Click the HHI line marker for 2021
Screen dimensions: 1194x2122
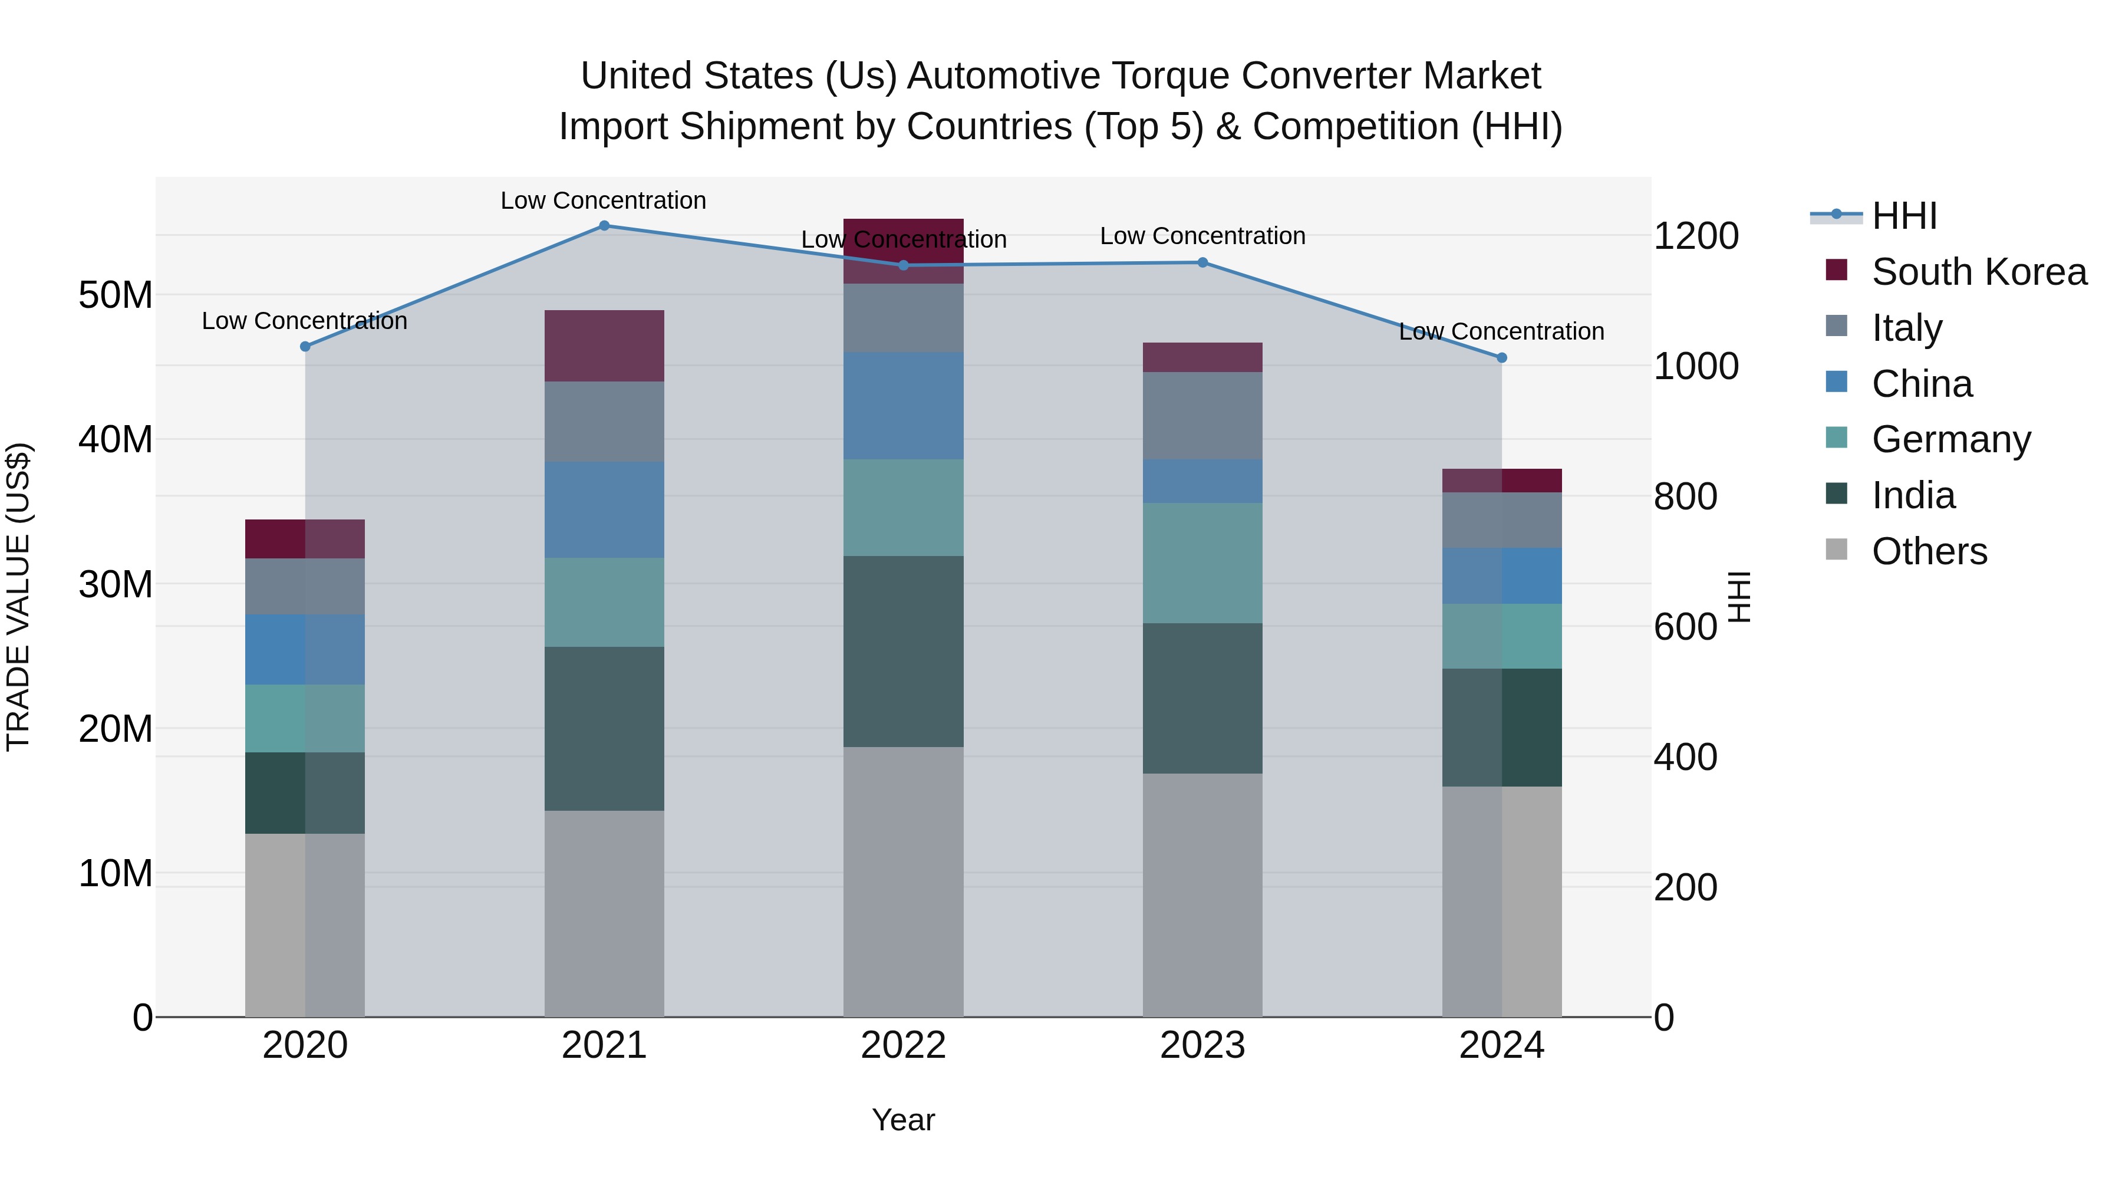tap(604, 226)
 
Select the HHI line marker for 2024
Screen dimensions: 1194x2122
tap(1501, 358)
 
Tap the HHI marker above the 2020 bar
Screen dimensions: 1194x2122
tap(305, 347)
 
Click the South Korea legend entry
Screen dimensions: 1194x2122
tap(1978, 272)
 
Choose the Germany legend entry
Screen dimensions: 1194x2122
tap(1950, 439)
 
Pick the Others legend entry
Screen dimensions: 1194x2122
tap(1929, 551)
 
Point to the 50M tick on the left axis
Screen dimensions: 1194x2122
tap(116, 295)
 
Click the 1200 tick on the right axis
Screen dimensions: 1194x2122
tap(1695, 236)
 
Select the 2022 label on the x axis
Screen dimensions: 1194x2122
tap(903, 1045)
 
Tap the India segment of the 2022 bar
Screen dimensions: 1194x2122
tap(903, 651)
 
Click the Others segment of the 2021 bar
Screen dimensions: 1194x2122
tap(604, 913)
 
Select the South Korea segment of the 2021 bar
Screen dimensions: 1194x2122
tap(604, 346)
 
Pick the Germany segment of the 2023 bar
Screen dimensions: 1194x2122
tap(1202, 563)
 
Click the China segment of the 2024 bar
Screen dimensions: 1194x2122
tap(1501, 576)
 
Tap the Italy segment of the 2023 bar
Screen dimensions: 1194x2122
tap(1202, 415)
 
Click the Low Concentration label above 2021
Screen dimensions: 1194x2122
tap(603, 201)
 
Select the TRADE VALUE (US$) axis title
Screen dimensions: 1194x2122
tap(18, 597)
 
